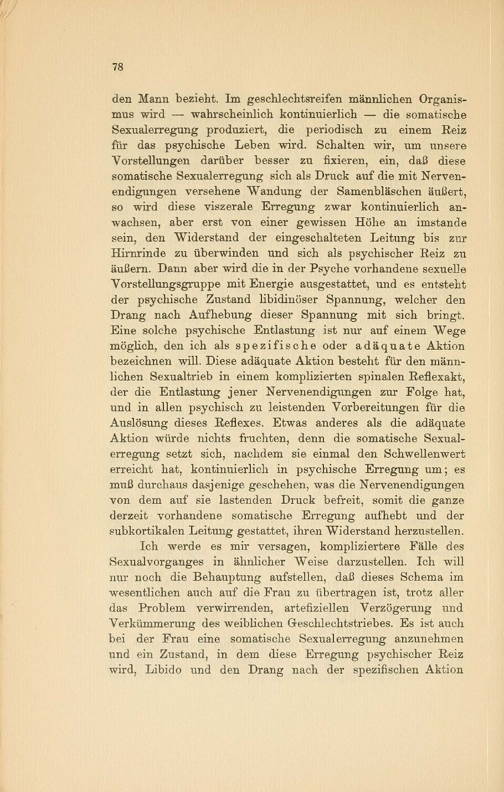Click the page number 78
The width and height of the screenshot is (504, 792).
pos(117,68)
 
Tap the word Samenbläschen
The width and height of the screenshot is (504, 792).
pos(384,192)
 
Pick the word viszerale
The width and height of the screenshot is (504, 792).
pos(229,207)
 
